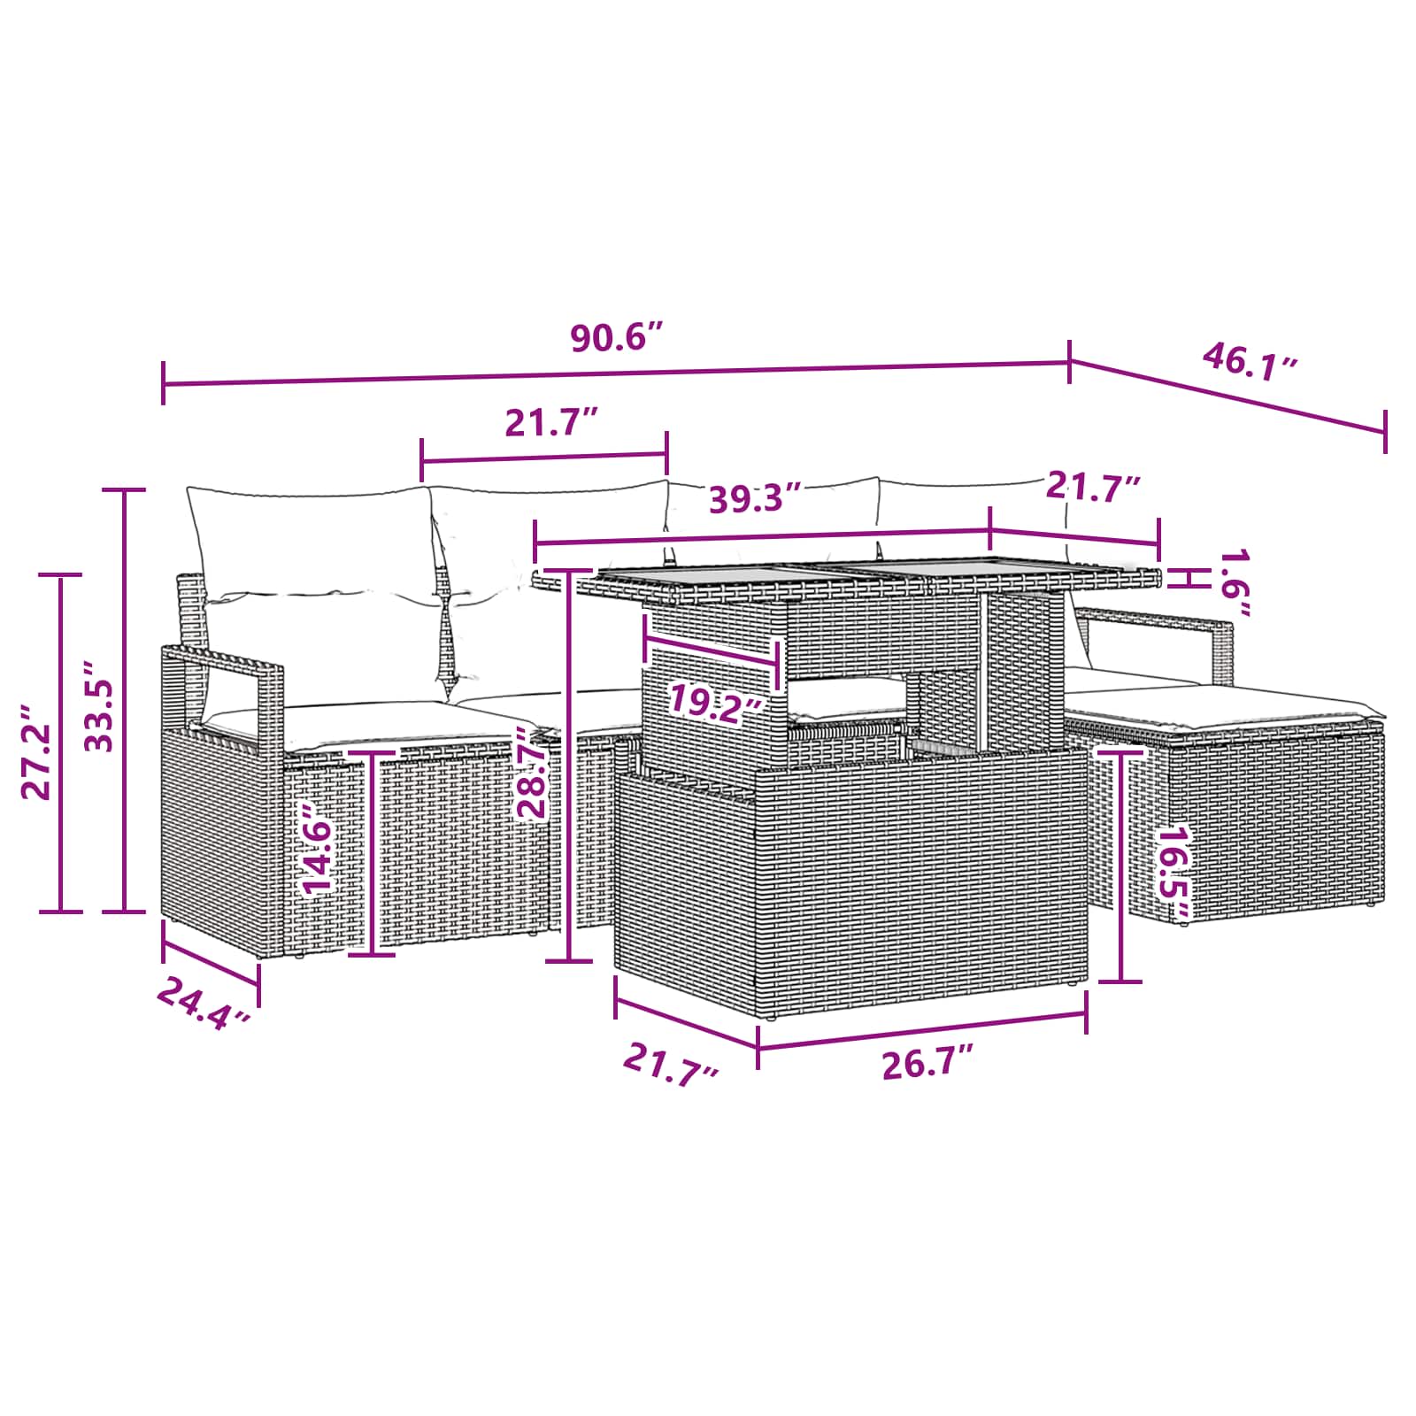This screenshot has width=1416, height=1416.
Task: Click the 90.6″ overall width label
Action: click(x=616, y=338)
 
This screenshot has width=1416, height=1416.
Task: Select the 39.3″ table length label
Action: click(x=756, y=499)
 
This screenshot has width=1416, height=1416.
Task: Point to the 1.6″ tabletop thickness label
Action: click(x=1233, y=583)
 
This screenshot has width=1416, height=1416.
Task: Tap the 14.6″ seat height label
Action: click(x=318, y=849)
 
